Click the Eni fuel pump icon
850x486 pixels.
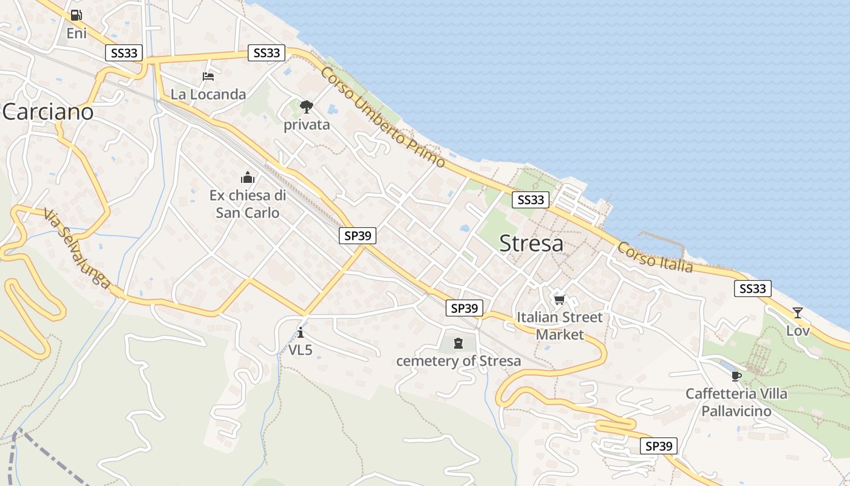[x=76, y=15]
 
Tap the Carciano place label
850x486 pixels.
[x=48, y=112]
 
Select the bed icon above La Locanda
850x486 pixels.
[x=208, y=77]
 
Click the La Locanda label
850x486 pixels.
[x=208, y=94]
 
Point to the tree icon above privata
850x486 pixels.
[x=307, y=107]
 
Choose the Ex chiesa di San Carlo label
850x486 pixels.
[x=248, y=204]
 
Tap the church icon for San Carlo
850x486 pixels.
[x=248, y=177]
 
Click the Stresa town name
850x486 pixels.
[x=531, y=244]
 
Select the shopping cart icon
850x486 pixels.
[x=559, y=299]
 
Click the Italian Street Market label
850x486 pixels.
[x=559, y=326]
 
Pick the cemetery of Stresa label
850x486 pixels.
[x=458, y=361]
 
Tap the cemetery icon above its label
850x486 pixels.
[x=458, y=343]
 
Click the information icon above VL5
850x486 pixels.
[x=301, y=332]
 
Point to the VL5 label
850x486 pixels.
[x=301, y=350]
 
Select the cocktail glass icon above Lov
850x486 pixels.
[x=798, y=313]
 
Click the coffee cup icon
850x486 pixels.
[x=736, y=376]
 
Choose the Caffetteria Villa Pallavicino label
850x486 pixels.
[x=736, y=402]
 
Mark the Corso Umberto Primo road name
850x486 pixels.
[x=383, y=117]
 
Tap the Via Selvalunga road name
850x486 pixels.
[x=77, y=248]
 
